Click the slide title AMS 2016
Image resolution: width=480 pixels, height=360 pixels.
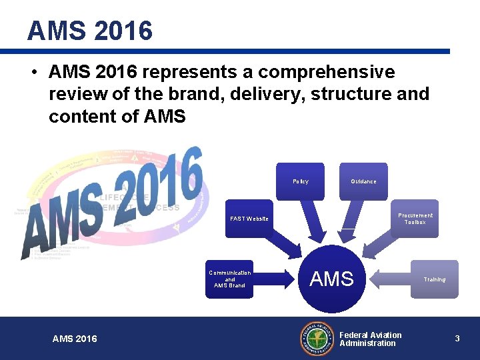[x=90, y=31]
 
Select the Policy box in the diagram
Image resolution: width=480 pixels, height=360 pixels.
[x=300, y=181]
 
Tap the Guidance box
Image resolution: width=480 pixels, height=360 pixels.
[x=363, y=181]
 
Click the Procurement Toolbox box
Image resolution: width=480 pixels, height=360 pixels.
[x=415, y=218]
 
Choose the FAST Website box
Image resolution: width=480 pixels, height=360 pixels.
[x=249, y=219]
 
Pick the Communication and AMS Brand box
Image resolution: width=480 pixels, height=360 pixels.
[x=229, y=279]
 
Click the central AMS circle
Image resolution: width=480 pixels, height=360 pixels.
[x=332, y=279]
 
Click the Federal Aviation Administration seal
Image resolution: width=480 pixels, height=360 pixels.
[x=317, y=339]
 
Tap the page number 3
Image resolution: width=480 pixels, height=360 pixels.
[x=457, y=339]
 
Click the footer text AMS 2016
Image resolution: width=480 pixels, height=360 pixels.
[x=75, y=339]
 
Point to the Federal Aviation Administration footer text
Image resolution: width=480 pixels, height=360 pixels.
[x=371, y=339]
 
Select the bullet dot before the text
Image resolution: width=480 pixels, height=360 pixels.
[x=33, y=72]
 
